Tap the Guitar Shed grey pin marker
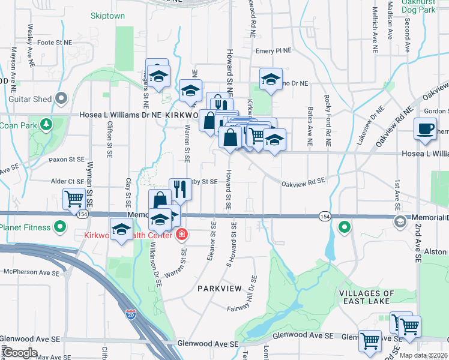pos(61,98)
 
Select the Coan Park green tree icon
pos(45,125)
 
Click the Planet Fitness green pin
pos(60,227)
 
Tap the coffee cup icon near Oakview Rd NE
pos(426,129)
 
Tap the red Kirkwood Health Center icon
pos(181,234)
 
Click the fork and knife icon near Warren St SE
pos(179,188)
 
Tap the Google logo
pos(20,353)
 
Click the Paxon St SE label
pos(67,160)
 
